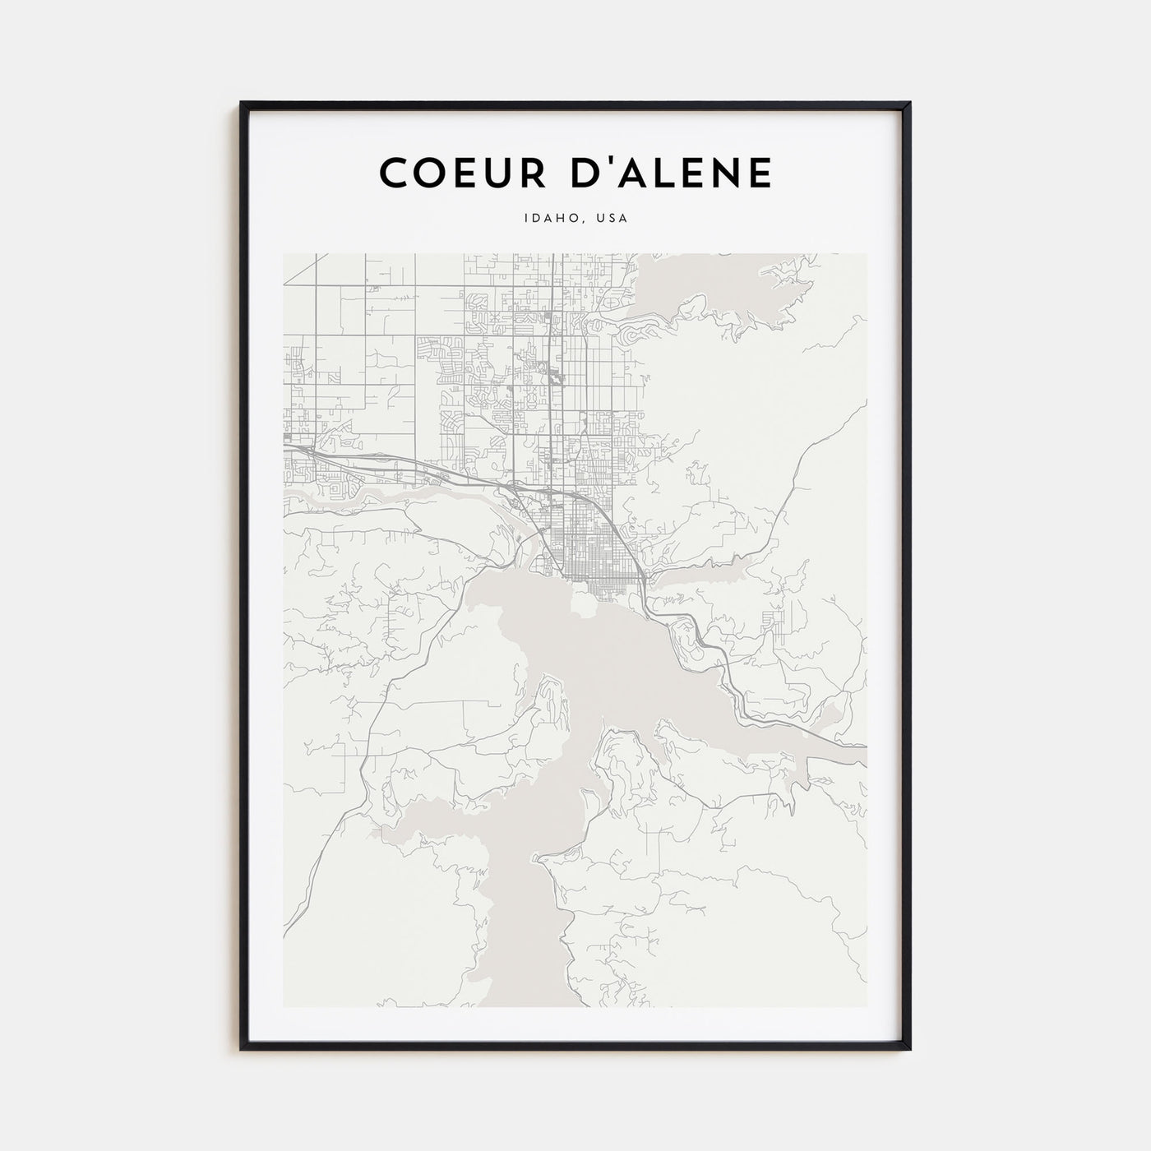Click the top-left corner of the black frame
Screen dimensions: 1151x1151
(242, 103)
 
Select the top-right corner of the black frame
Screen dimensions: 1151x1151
(909, 103)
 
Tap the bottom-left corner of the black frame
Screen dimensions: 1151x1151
(242, 1049)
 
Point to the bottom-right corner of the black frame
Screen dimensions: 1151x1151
(909, 1049)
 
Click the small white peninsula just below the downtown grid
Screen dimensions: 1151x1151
(585, 604)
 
